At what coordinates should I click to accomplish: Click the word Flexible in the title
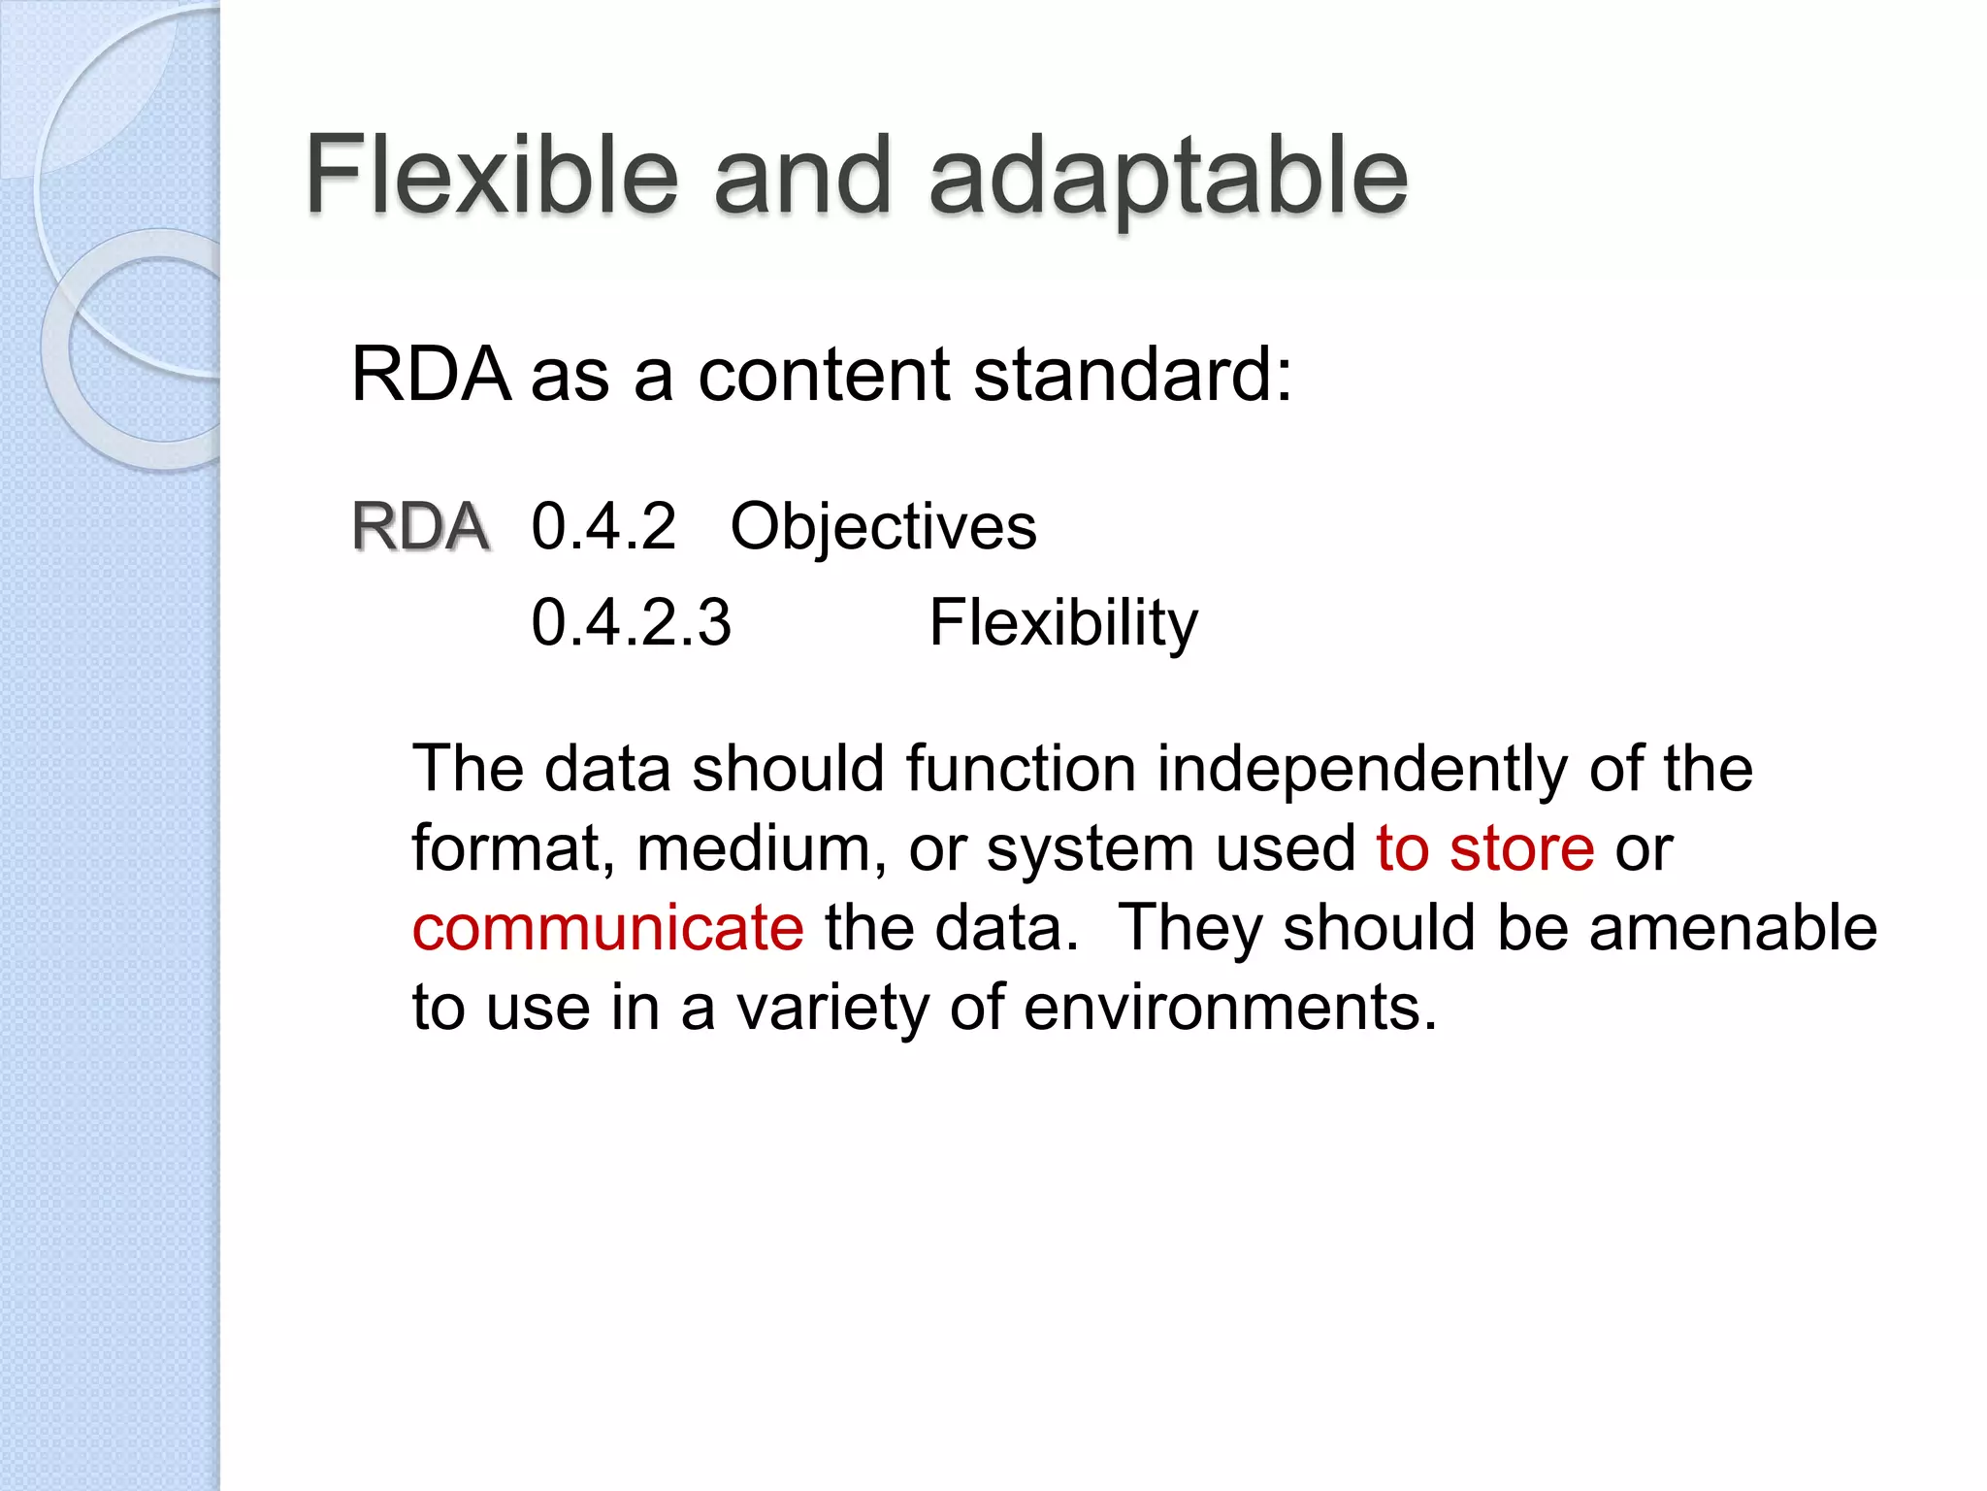[x=492, y=175]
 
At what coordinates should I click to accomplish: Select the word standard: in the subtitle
[x=1132, y=375]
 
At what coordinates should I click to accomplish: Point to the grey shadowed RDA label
[x=420, y=527]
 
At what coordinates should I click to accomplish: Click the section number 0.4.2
[x=603, y=527]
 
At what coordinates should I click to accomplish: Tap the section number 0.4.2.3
[x=631, y=622]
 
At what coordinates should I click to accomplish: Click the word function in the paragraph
[x=1021, y=769]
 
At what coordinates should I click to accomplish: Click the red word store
[x=1521, y=848]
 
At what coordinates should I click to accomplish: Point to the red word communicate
[x=607, y=928]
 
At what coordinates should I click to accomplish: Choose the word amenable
[x=1733, y=928]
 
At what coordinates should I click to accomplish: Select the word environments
[x=1229, y=1008]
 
